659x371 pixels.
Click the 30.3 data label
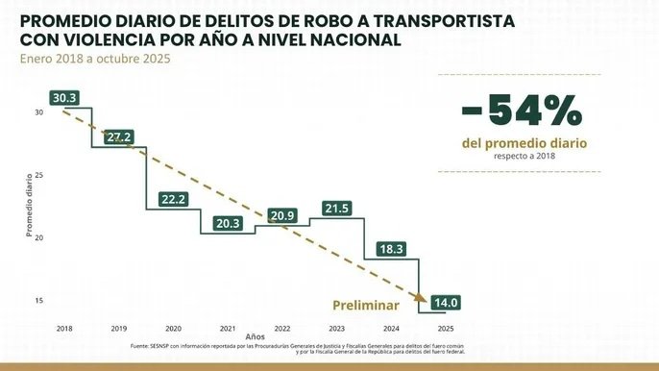pyautogui.click(x=65, y=98)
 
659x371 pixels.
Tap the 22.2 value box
pyautogui.click(x=174, y=199)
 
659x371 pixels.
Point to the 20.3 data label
pyautogui.click(x=229, y=223)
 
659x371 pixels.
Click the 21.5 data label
pyautogui.click(x=337, y=208)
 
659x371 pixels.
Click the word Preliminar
pyautogui.click(x=366, y=304)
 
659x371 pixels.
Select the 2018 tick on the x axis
pyautogui.click(x=63, y=329)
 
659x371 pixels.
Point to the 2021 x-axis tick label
pyautogui.click(x=228, y=329)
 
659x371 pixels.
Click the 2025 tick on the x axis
pyautogui.click(x=446, y=329)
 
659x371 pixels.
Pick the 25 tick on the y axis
pyautogui.click(x=39, y=175)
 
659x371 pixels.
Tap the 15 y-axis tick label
pyautogui.click(x=39, y=301)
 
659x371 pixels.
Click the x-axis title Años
pyautogui.click(x=255, y=337)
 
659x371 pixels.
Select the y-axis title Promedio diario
pyautogui.click(x=29, y=205)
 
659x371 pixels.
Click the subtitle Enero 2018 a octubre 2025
pyautogui.click(x=84, y=60)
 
